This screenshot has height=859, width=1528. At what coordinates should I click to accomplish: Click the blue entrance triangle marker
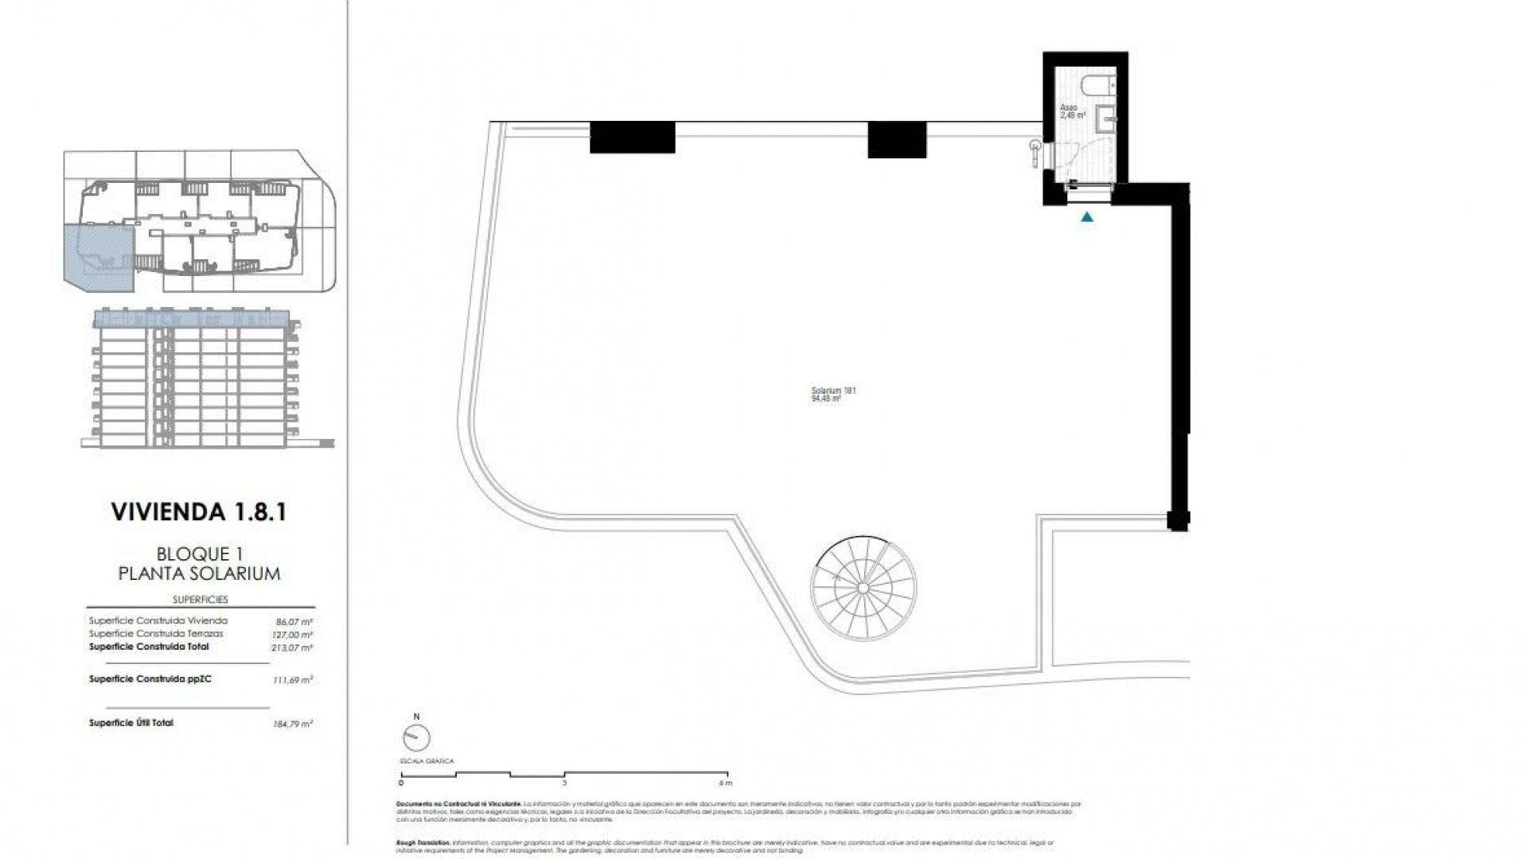[1086, 216]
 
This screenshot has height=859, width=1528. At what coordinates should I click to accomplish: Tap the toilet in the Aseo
[1101, 84]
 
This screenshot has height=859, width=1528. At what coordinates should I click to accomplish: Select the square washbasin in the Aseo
[1106, 119]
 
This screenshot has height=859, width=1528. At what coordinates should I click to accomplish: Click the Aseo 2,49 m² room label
[1071, 111]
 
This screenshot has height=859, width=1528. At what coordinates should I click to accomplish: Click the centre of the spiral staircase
[863, 587]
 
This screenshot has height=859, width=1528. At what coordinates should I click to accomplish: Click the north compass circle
[416, 739]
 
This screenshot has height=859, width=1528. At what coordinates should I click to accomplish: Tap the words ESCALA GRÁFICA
[427, 761]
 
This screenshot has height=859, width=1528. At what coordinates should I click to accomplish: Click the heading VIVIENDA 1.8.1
[198, 511]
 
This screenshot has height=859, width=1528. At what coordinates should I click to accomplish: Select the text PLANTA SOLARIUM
[199, 573]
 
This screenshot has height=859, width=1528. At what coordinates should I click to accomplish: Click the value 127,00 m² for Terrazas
[292, 635]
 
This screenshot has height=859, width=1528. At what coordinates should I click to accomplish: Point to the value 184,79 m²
[292, 724]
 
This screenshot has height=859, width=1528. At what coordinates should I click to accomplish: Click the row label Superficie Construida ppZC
[150, 679]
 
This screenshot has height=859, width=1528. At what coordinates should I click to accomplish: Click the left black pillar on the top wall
[632, 137]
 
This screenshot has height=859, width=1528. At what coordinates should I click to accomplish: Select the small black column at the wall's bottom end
[1178, 520]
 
